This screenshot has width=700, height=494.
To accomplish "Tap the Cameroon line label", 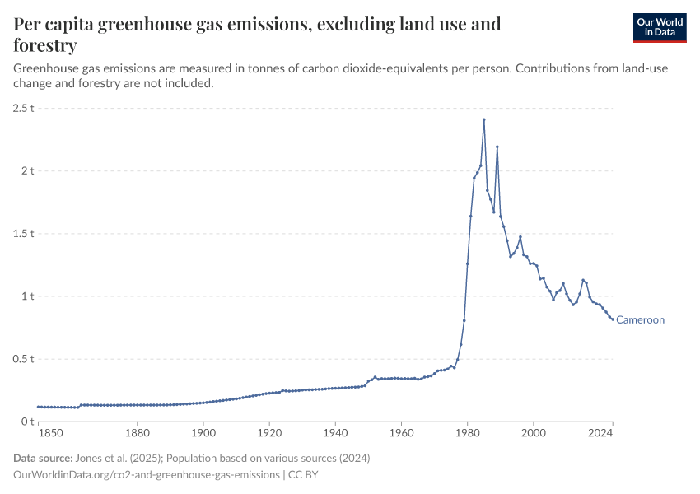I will coord(640,320).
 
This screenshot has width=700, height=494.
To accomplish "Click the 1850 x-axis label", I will coord(49,433).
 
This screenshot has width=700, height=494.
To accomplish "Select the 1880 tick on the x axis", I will coord(137,433).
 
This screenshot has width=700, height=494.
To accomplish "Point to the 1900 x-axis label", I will coord(203,433).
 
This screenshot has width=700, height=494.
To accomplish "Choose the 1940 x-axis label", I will coord(335,433).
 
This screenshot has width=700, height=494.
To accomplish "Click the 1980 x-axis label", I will coord(467,433).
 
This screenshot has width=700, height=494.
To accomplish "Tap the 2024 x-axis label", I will coord(601,433).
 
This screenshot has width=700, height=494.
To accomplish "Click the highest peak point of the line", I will coord(484,119).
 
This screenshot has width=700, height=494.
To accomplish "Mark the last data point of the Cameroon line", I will coord(613,319).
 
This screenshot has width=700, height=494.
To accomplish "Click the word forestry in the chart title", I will coord(45,44).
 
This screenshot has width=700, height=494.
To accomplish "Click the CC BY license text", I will coord(304,475).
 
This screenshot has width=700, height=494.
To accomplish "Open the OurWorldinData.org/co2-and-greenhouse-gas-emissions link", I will coord(147,475).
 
